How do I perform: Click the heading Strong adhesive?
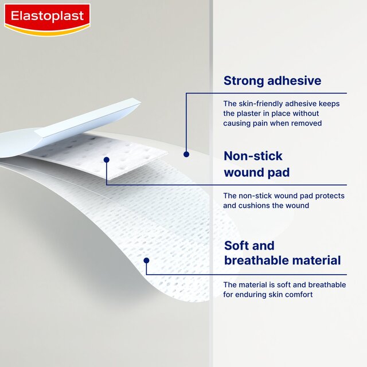272,81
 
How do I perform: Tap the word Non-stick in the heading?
253,156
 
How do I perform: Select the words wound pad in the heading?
256,173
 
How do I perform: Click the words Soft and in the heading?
249,246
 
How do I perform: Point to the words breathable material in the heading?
282,261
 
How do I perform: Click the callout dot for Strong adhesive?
186,154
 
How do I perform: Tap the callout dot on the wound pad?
106,159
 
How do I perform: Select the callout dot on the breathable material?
147,260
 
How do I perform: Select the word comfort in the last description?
298,295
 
